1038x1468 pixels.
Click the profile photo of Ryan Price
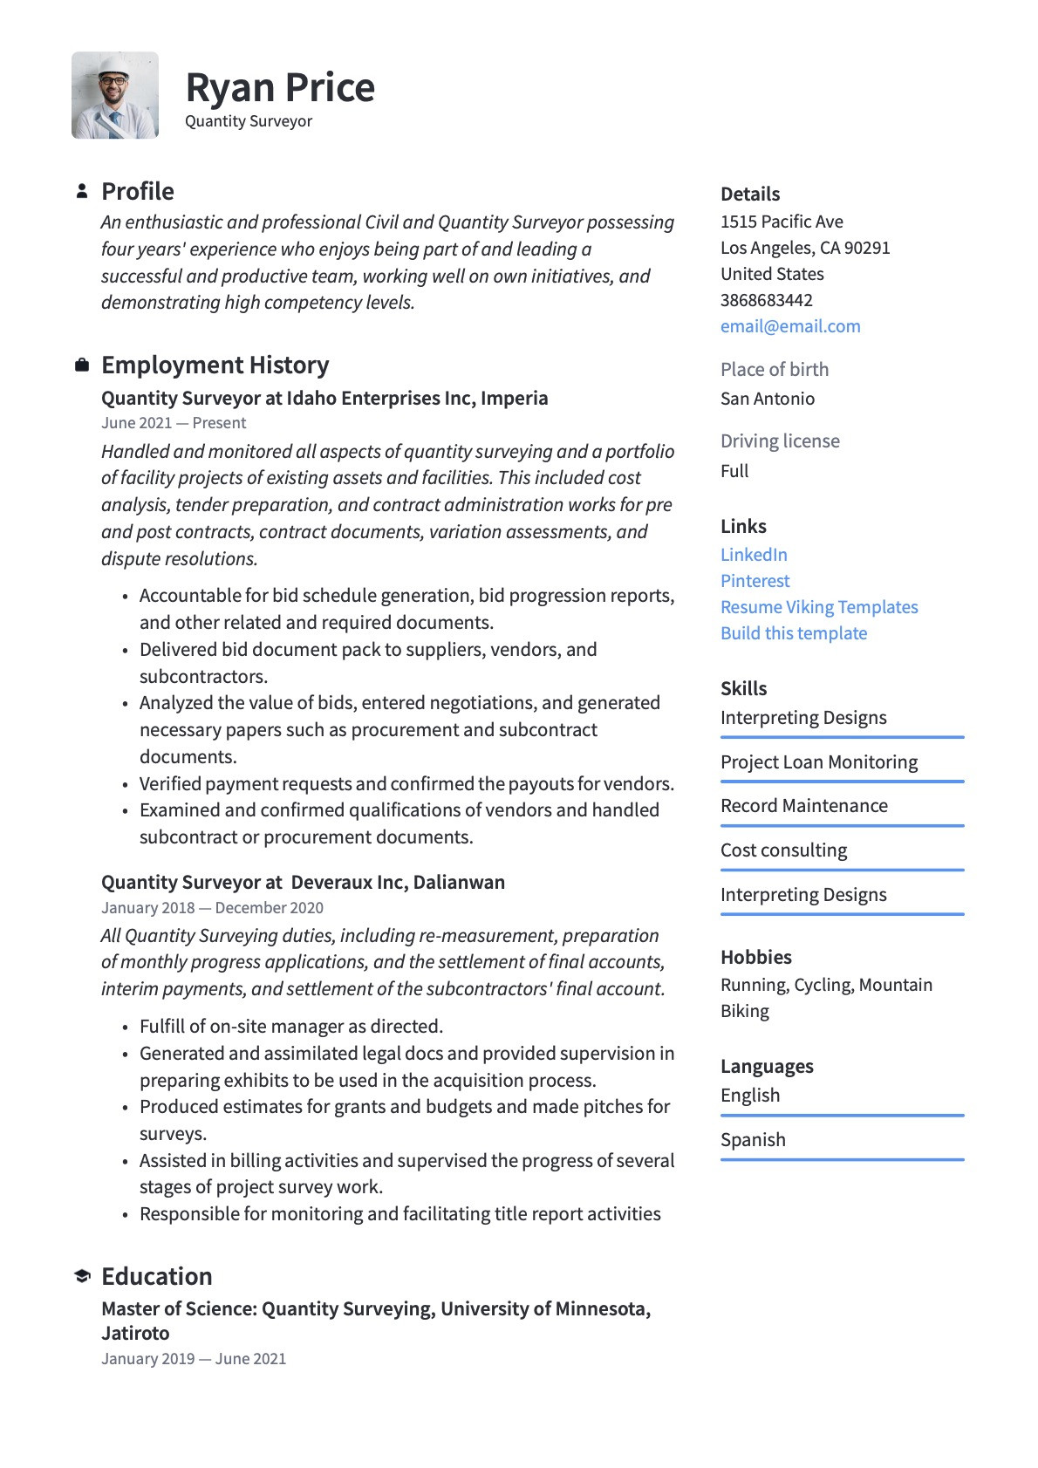click(x=115, y=95)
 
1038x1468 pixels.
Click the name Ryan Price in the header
click(x=280, y=87)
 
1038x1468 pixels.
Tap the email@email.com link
click(x=790, y=326)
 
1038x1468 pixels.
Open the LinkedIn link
click(x=754, y=555)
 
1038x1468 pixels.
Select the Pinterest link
click(x=755, y=581)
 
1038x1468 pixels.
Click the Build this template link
click(x=794, y=633)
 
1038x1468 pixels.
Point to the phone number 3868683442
click(x=767, y=300)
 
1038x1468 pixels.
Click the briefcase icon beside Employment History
click(x=82, y=365)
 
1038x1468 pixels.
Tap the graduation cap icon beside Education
click(x=82, y=1276)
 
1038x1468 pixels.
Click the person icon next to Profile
click(x=82, y=191)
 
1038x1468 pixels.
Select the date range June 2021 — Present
click(x=174, y=423)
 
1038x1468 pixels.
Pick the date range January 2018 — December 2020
click(x=212, y=908)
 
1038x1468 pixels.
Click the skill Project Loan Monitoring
click(x=819, y=762)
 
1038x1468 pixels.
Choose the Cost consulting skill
click(x=783, y=850)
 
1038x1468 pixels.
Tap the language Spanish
click(x=753, y=1140)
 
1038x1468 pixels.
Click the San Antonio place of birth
click(x=768, y=399)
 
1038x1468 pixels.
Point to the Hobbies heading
click(x=755, y=957)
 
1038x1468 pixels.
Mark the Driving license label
click(x=780, y=441)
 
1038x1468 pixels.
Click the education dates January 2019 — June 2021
click(x=194, y=1359)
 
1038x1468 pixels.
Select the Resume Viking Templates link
click(x=819, y=607)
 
